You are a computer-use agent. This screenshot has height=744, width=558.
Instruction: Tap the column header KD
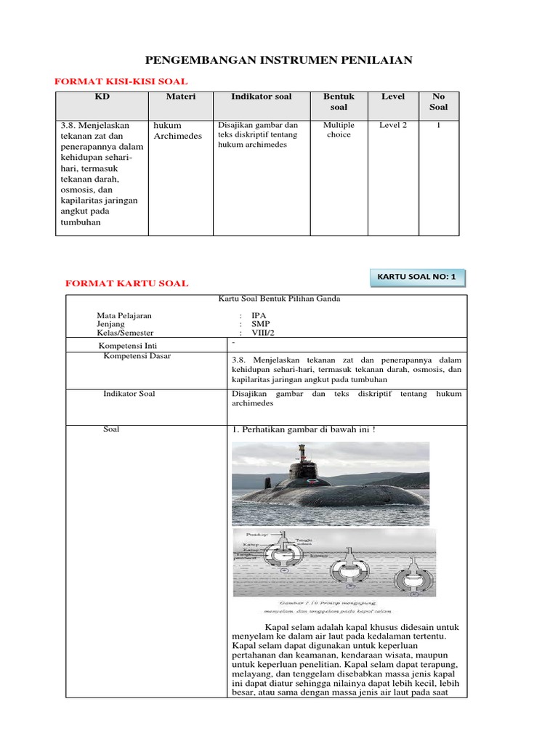[102, 97]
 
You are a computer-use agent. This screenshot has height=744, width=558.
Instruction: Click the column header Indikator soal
[261, 97]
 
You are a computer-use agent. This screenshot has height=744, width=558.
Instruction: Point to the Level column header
[393, 97]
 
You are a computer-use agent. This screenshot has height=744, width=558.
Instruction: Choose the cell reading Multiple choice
[339, 129]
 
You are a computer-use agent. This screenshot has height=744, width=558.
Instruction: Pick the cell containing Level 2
[393, 125]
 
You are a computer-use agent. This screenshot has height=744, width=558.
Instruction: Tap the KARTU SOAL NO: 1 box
[418, 277]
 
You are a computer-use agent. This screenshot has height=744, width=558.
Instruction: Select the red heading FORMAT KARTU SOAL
[127, 283]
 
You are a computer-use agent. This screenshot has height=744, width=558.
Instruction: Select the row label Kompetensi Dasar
[137, 356]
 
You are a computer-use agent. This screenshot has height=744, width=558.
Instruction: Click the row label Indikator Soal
[129, 394]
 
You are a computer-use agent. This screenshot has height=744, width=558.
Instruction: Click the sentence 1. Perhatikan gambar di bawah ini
[303, 429]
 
